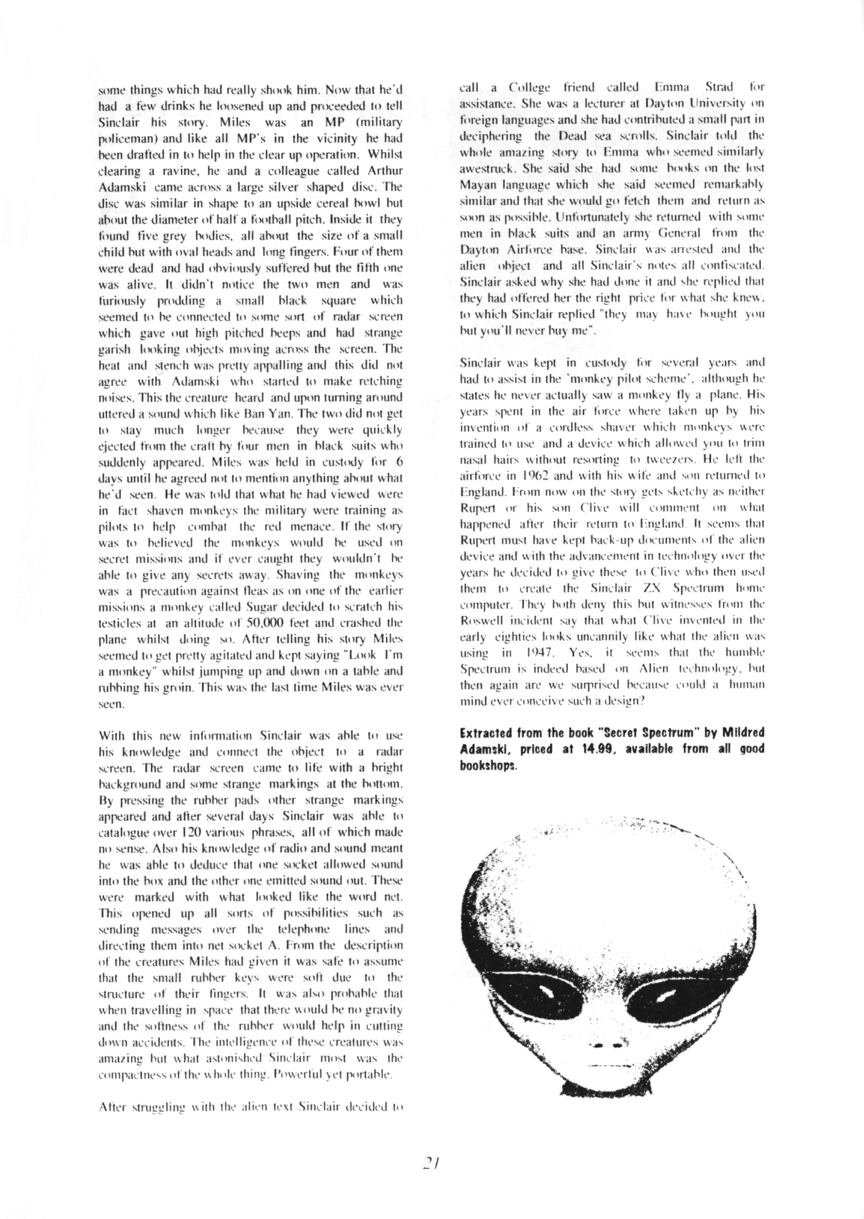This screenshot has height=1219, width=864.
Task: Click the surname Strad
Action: [714, 88]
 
